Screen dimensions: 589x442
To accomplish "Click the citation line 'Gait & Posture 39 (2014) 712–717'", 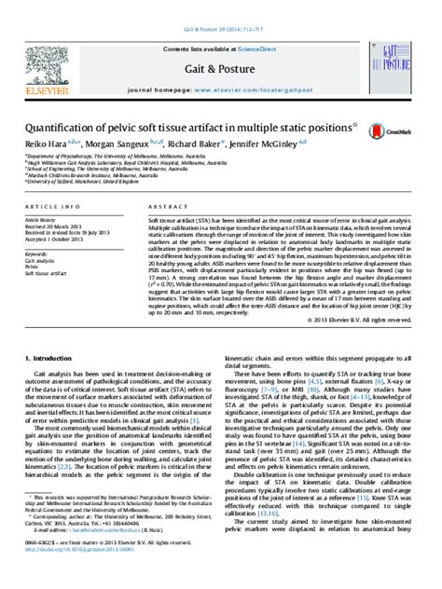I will [220, 7].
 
